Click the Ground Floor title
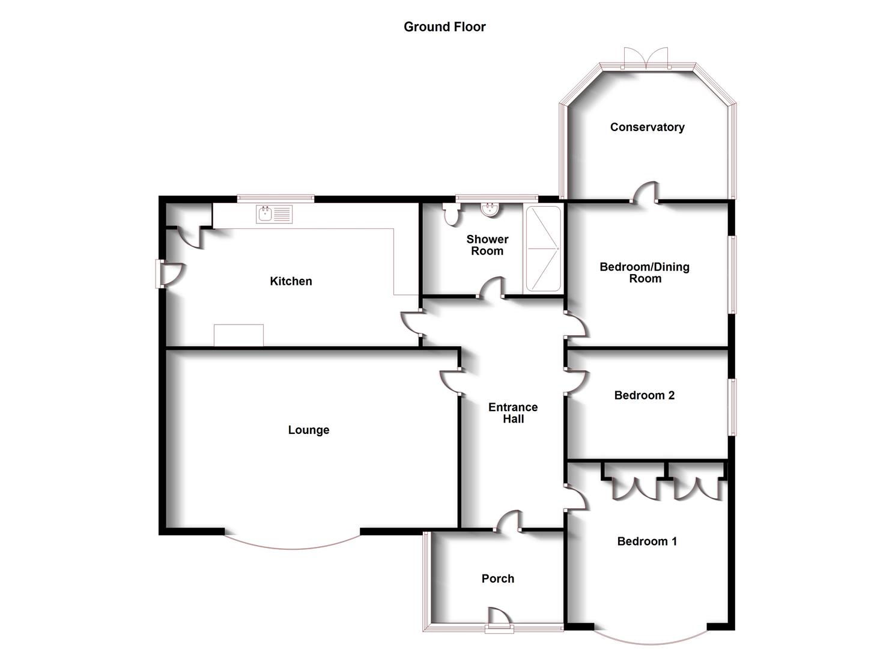coord(444,26)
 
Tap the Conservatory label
coord(647,127)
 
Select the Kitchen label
coord(291,281)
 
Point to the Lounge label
coord(309,430)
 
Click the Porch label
coord(498,579)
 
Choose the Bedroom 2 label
coord(645,395)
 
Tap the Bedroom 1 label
coord(647,541)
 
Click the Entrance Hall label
coord(513,413)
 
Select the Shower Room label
coord(487,245)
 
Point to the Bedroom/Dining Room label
coord(645,272)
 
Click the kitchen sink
coord(274,215)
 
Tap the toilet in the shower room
coord(451,215)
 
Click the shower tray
coord(544,249)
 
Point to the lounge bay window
coord(293,549)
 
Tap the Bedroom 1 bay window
coord(651,644)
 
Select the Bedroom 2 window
coord(732,407)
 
